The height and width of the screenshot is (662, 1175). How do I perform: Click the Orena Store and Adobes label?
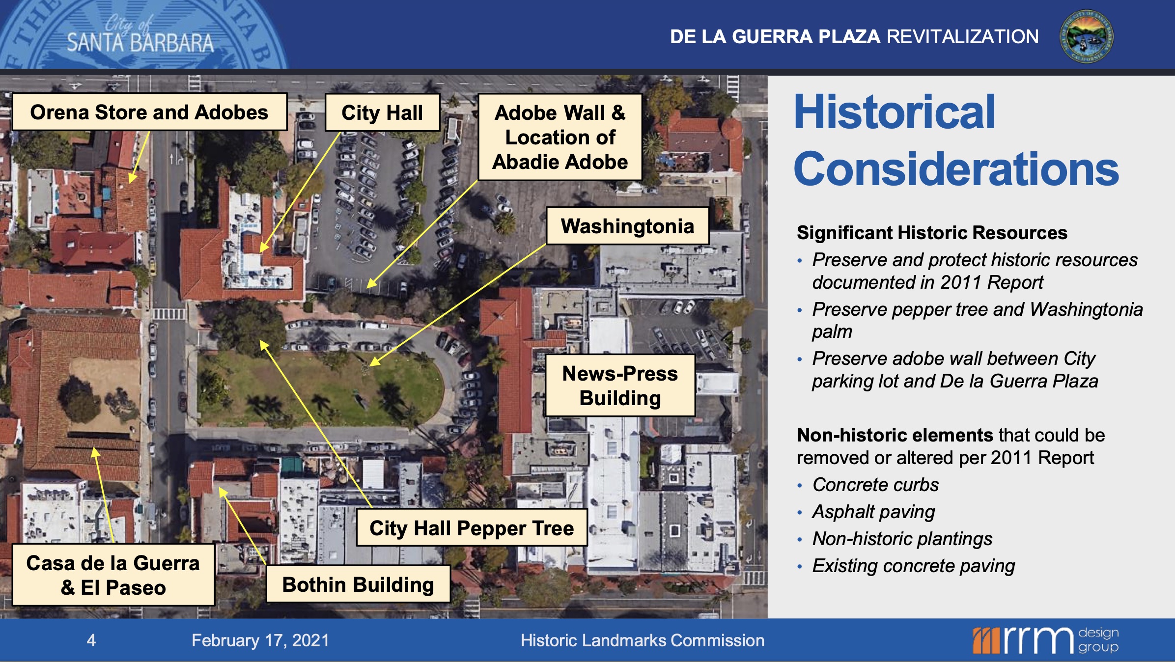tap(149, 112)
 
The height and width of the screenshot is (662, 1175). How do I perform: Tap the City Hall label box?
tap(382, 112)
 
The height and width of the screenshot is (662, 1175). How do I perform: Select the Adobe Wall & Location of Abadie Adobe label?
tap(560, 137)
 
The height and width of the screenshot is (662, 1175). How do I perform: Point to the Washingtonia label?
tap(628, 226)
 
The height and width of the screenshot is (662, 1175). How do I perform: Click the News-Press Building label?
tap(620, 386)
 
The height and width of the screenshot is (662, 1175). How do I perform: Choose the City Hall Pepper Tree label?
tap(472, 528)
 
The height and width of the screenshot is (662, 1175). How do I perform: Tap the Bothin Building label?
tap(358, 584)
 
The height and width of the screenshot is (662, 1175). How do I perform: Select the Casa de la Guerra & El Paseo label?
tap(113, 575)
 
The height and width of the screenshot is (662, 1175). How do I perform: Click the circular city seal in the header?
tap(1086, 36)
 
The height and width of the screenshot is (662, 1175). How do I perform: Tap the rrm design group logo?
tap(1045, 640)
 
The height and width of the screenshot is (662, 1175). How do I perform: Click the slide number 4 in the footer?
tap(91, 640)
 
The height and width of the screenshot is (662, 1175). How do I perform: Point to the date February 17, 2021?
tap(260, 640)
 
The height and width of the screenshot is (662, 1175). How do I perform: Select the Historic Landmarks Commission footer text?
tap(643, 640)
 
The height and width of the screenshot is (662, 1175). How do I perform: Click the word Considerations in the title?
tap(956, 168)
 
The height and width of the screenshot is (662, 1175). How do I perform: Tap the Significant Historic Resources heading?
tap(932, 232)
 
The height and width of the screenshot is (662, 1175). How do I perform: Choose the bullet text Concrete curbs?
tap(875, 485)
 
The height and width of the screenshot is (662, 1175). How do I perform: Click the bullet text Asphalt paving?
tap(873, 512)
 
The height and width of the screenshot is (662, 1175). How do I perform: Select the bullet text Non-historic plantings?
tap(902, 539)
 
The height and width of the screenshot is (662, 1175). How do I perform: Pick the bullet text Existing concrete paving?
tap(914, 566)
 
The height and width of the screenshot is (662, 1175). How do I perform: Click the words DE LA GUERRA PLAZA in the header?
tap(775, 37)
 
